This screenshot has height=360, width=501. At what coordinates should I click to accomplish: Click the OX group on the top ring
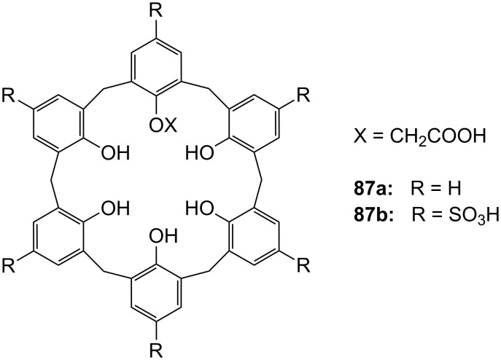point(163,127)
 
